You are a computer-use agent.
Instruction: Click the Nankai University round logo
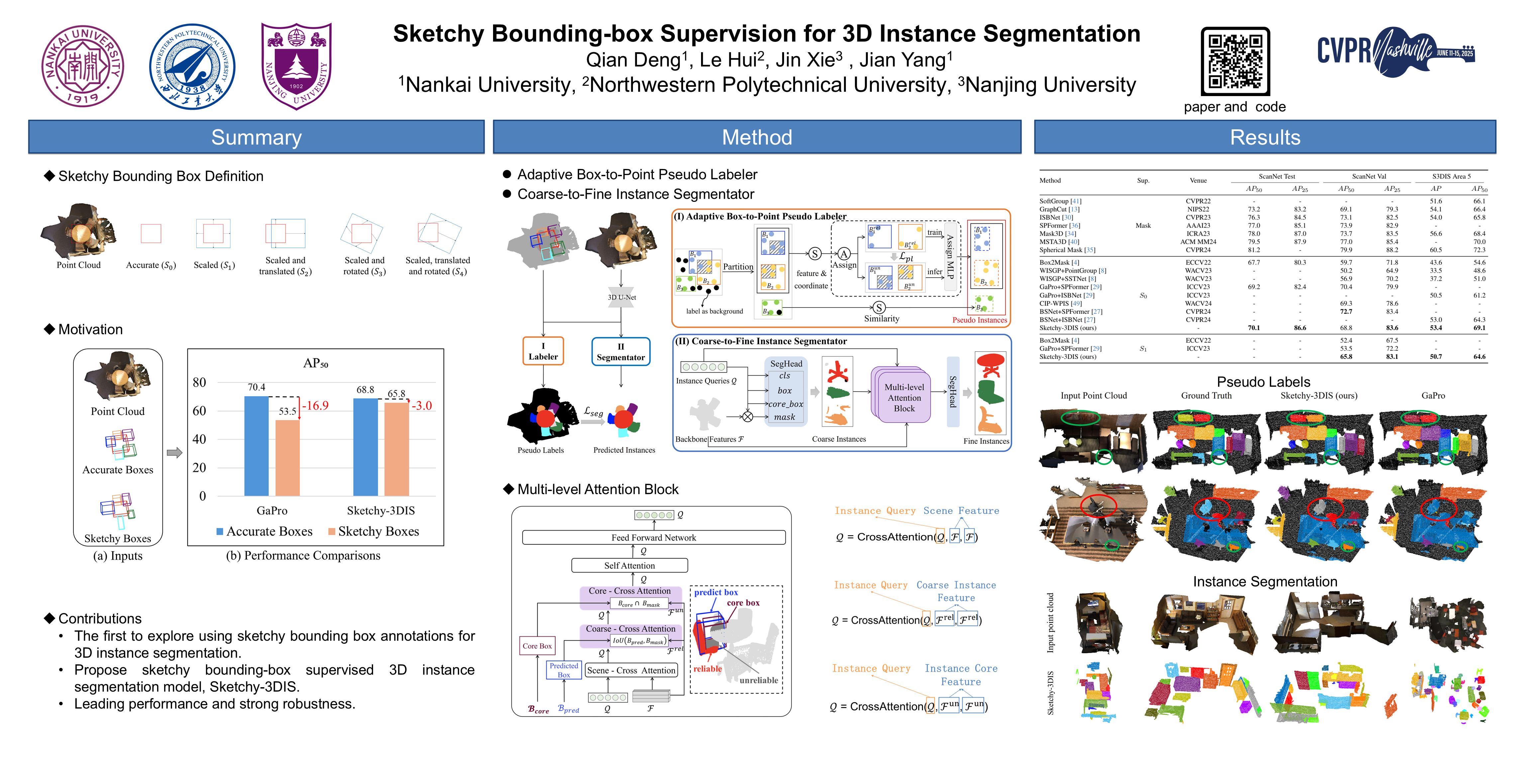[83, 66]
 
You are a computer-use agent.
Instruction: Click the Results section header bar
[1265, 137]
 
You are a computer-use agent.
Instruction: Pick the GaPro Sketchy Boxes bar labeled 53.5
[288, 457]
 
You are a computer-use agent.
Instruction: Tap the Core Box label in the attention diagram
[537, 646]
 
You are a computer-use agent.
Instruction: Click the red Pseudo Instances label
[979, 320]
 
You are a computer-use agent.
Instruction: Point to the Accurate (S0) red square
[151, 233]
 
